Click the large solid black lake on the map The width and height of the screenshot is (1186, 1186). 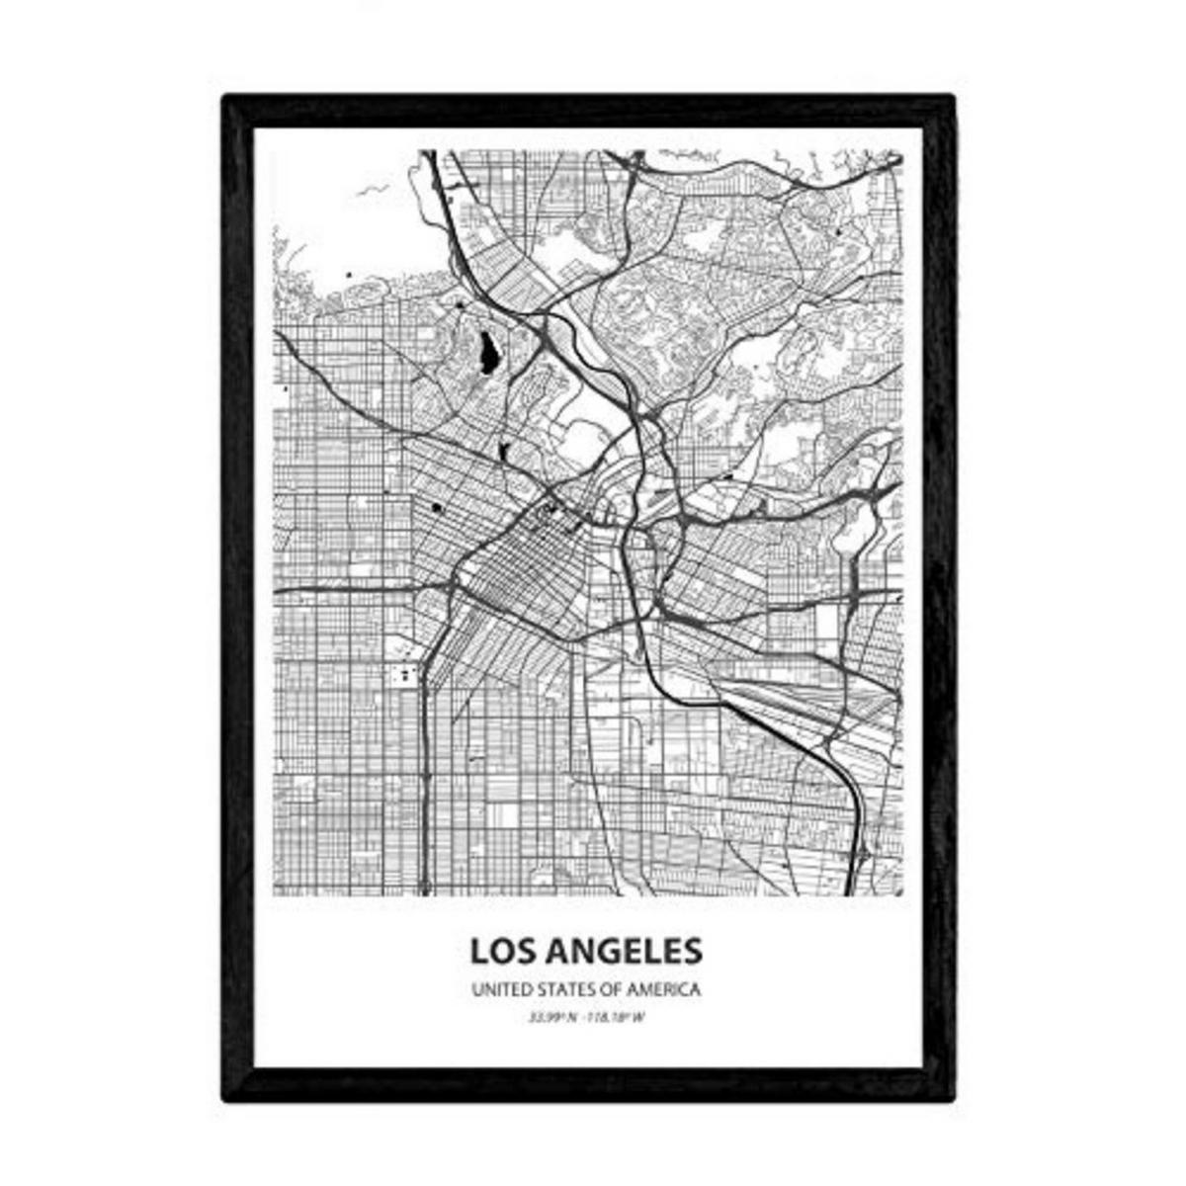(487, 352)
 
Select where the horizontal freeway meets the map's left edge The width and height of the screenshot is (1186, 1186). (276, 590)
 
